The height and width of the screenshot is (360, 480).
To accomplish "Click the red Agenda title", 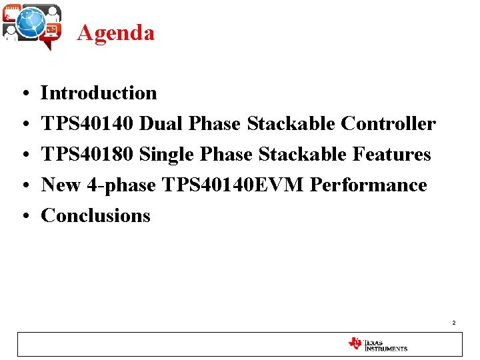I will pyautogui.click(x=115, y=33).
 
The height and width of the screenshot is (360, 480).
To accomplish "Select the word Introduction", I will pyautogui.click(x=99, y=93).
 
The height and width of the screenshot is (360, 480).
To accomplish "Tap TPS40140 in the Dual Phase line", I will pyautogui.click(x=88, y=124).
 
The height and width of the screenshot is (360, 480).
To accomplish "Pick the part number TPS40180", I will pyautogui.click(x=88, y=155).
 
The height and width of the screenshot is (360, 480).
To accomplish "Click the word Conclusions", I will pyautogui.click(x=96, y=216).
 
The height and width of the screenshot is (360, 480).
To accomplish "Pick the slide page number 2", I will pyautogui.click(x=453, y=323).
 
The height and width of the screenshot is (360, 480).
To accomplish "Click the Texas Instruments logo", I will pyautogui.click(x=377, y=345).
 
